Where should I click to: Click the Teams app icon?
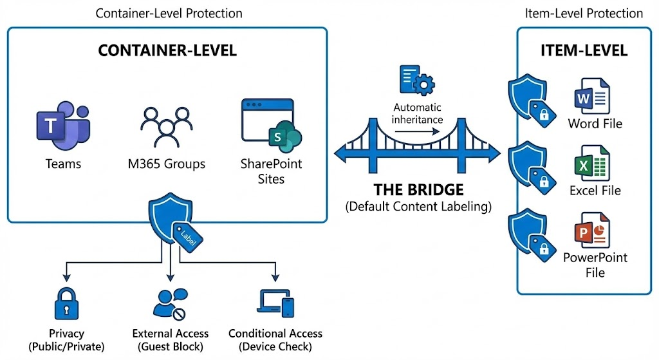pos(63,122)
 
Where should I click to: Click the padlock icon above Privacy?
pos(66,303)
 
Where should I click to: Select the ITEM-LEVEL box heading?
pos(584,52)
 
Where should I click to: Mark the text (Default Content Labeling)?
pos(418,207)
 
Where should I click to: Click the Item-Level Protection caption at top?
pos(584,13)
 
